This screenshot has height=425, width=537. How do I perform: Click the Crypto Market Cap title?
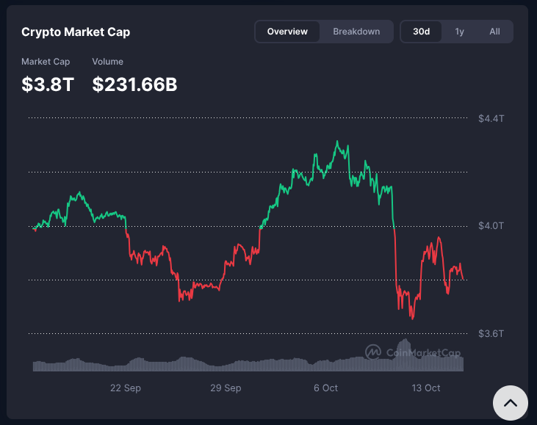click(x=76, y=32)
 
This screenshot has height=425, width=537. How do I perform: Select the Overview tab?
click(x=287, y=32)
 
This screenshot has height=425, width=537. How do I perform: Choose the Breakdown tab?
click(x=356, y=32)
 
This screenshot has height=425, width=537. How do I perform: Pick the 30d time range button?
click(x=421, y=32)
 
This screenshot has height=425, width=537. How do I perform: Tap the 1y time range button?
click(x=459, y=32)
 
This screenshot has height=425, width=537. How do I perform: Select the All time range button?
click(x=494, y=32)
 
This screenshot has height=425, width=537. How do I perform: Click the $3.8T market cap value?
click(x=48, y=84)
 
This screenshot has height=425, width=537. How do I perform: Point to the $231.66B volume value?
click(x=134, y=84)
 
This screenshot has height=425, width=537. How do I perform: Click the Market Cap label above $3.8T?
click(x=46, y=62)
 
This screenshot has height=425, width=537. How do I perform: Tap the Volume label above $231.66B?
click(x=107, y=62)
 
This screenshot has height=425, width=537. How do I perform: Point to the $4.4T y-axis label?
click(x=491, y=118)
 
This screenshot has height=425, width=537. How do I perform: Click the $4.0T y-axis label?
click(x=491, y=225)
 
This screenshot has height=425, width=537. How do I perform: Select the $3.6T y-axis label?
click(x=491, y=333)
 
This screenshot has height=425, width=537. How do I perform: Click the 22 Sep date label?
click(x=126, y=388)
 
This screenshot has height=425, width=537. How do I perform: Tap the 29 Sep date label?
click(x=226, y=388)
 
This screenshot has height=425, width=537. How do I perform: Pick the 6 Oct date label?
click(x=325, y=388)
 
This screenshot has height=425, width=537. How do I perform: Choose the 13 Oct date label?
click(x=426, y=388)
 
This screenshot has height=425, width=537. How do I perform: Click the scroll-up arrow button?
click(x=510, y=403)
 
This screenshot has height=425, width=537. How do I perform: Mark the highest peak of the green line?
click(x=337, y=141)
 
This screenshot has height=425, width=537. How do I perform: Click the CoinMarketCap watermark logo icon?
click(x=373, y=352)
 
